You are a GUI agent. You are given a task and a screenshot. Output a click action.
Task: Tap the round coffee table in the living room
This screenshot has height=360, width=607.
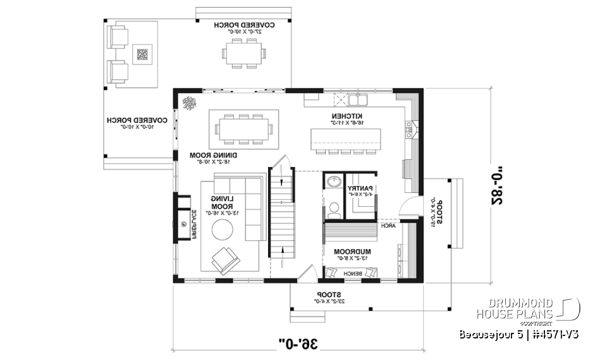tap(225, 229)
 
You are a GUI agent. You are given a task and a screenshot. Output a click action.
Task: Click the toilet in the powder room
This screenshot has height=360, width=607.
tap(333, 206)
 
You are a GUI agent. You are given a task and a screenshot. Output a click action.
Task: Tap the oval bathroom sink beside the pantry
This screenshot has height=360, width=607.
tap(333, 183)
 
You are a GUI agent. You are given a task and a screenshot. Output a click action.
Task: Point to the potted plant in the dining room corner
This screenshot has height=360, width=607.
tap(189, 103)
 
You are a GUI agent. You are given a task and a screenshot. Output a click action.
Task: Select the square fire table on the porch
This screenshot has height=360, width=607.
tap(142, 54)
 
